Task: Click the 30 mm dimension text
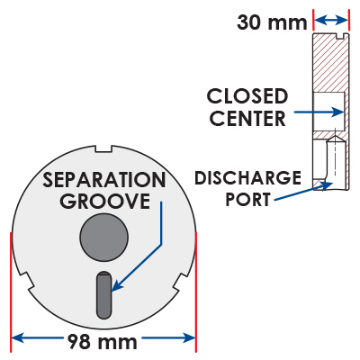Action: pos(272,22)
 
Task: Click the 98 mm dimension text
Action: pos(103,341)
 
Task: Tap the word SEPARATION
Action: pos(103,180)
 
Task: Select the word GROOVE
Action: pos(104,201)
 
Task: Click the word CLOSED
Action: pos(247,96)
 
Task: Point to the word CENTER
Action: pos(247,118)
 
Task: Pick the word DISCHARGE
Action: pos(247,177)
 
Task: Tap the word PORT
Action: pos(248,199)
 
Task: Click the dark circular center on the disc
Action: pos(104,237)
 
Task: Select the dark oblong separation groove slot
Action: pos(103,295)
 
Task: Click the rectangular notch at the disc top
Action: pos(103,148)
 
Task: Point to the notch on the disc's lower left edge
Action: pos(25,281)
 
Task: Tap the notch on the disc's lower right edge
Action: pos(182,281)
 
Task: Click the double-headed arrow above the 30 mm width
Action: pos(331,21)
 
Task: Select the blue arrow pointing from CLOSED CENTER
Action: pos(319,112)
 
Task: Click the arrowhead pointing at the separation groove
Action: pos(116,286)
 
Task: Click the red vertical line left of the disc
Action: pos(11,292)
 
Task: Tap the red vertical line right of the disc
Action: pos(196,292)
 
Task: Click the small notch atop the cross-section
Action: pos(341,36)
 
